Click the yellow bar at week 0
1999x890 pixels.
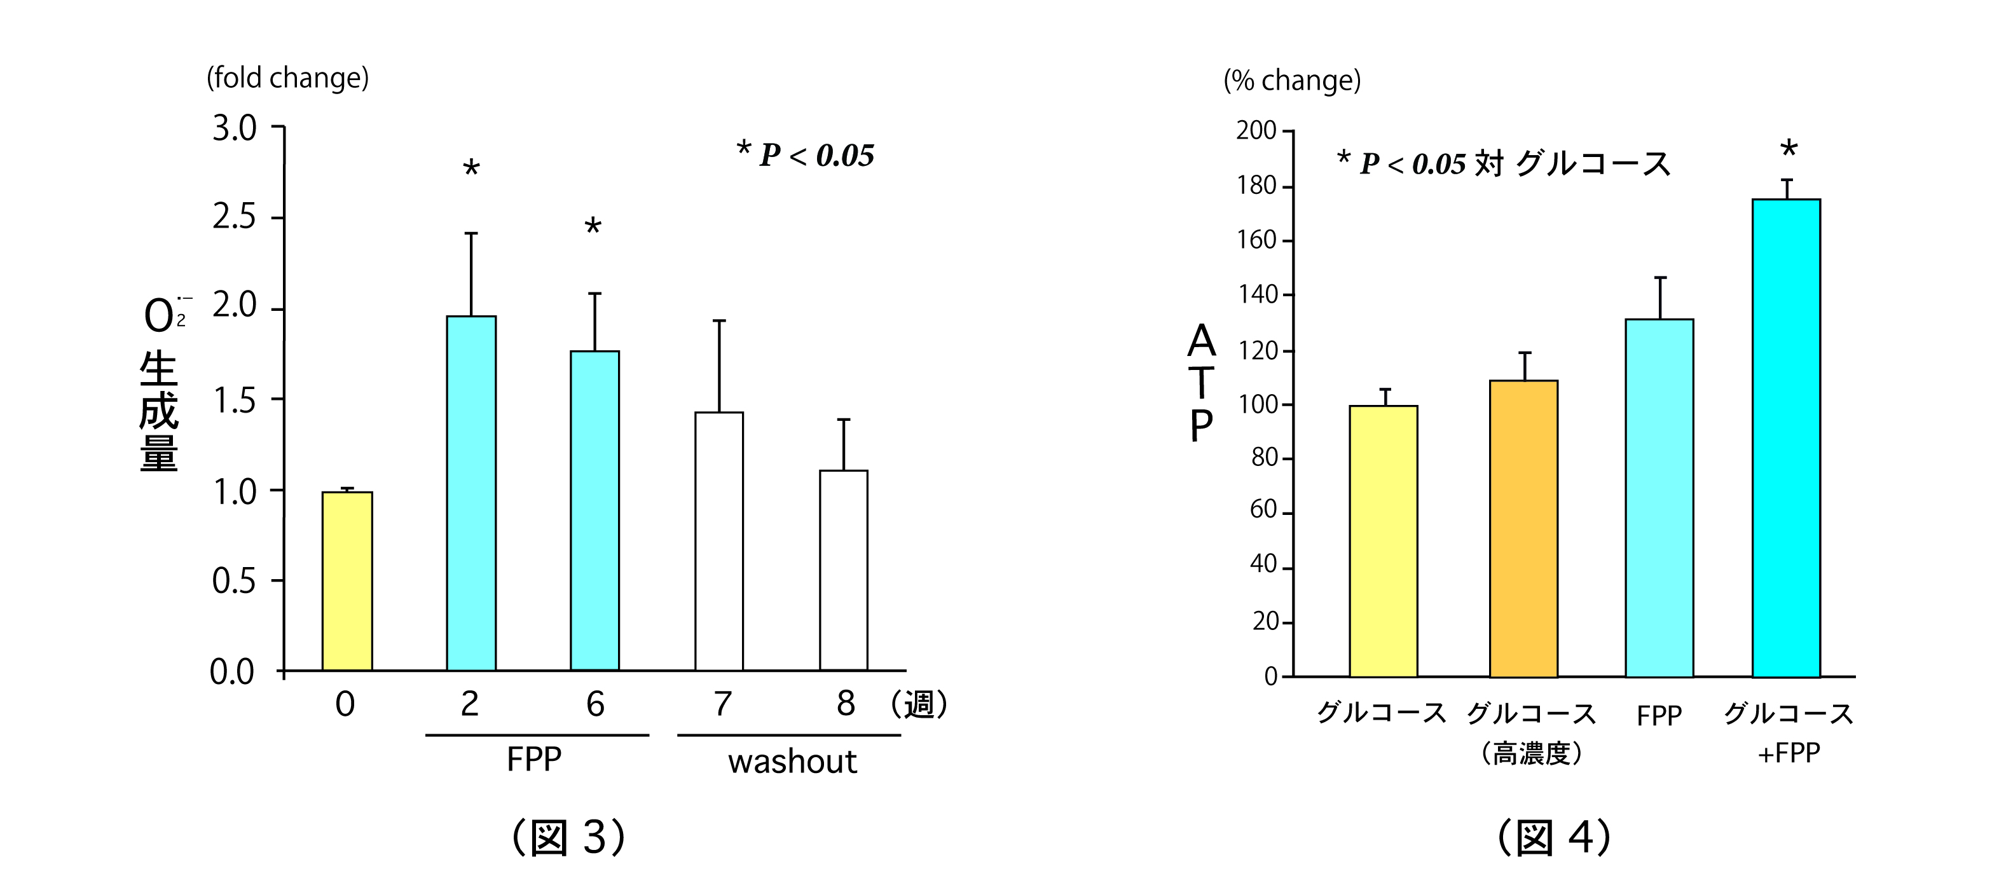[347, 581]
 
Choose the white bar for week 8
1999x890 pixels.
[844, 570]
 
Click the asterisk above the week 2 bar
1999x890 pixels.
[471, 168]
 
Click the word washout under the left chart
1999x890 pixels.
[792, 762]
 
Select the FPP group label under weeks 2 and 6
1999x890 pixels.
[534, 759]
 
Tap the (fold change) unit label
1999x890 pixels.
[287, 78]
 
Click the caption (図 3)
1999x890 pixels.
[569, 837]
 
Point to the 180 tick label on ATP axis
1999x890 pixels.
[1256, 186]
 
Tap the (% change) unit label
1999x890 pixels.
[1292, 81]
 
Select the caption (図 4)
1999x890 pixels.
[1555, 837]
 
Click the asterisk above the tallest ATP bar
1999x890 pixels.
[1789, 148]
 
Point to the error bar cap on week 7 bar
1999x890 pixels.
[719, 320]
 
